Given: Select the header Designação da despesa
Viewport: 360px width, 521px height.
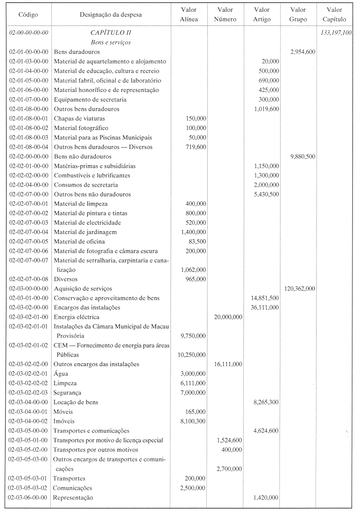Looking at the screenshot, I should pos(111,15).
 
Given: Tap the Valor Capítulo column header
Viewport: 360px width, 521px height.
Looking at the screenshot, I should pos(335,15).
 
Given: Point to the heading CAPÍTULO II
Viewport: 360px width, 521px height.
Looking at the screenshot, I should pos(111,33).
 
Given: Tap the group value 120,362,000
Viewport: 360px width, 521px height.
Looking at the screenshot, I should pos(299,288).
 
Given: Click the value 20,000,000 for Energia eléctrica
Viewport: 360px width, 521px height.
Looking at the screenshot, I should pos(228,317).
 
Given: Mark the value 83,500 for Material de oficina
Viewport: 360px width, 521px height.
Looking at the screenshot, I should pos(197,241).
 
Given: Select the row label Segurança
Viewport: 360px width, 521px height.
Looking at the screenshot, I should pos(67,392).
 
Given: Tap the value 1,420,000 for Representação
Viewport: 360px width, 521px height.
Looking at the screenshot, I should pos(266,497).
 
